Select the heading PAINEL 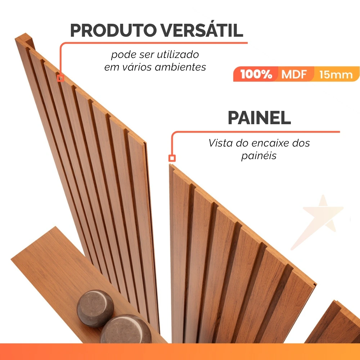[x=259, y=118]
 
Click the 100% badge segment [x=256, y=74]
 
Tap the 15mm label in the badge [x=336, y=75]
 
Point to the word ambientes [x=180, y=67]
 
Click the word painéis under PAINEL [x=259, y=156]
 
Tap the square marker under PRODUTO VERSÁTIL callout [x=60, y=78]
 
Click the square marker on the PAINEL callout [x=172, y=158]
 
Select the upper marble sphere [x=95, y=308]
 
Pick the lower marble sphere [x=126, y=330]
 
